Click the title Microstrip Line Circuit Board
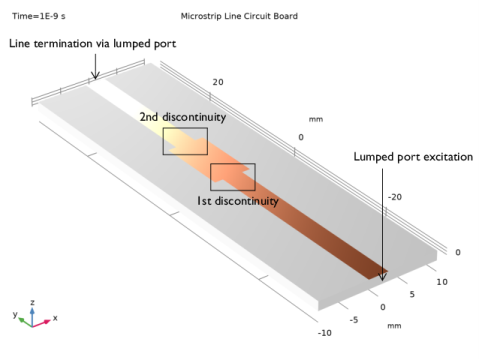pyautogui.click(x=239, y=16)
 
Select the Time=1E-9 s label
pyautogui.click(x=39, y=16)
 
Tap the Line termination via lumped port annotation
pyautogui.click(x=92, y=44)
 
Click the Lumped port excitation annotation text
pyautogui.click(x=413, y=157)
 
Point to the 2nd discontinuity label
pyautogui.click(x=183, y=117)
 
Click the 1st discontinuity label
pyautogui.click(x=238, y=201)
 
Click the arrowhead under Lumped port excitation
pyautogui.click(x=382, y=277)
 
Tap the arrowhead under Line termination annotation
pyautogui.click(x=95, y=76)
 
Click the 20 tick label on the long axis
pyautogui.click(x=218, y=82)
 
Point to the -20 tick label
pyautogui.click(x=395, y=197)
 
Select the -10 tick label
pyautogui.click(x=325, y=333)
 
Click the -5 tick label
pyautogui.click(x=354, y=320)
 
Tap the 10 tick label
pyautogui.click(x=442, y=282)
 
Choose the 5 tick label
pyautogui.click(x=412, y=294)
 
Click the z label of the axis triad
pyautogui.click(x=32, y=302)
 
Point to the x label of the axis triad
pyautogui.click(x=55, y=318)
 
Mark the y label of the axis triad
pyautogui.click(x=15, y=314)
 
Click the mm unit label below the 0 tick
pyautogui.click(x=394, y=326)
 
